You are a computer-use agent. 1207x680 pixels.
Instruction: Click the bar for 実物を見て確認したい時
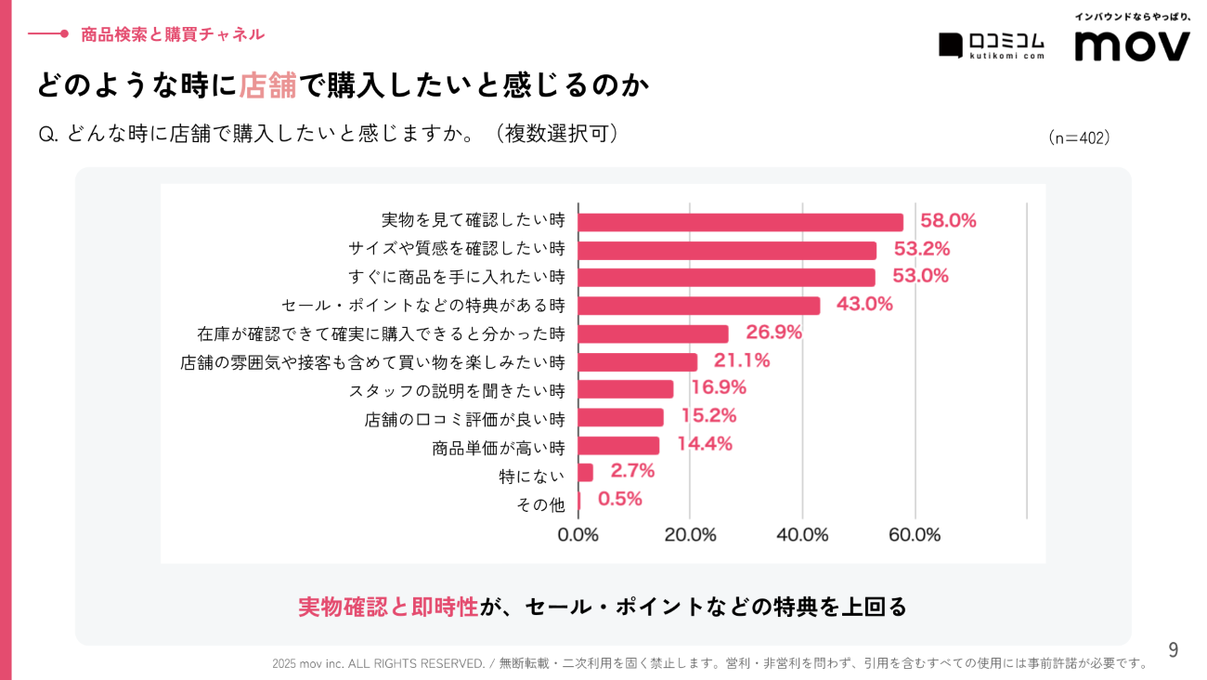point(740,222)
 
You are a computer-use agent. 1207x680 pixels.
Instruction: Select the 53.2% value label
point(921,249)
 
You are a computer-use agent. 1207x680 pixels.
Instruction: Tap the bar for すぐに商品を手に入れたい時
point(726,277)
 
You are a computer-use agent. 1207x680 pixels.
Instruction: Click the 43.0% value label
point(864,304)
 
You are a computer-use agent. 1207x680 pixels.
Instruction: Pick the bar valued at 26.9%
point(653,333)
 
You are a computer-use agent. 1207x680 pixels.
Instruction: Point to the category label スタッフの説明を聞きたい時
point(456,390)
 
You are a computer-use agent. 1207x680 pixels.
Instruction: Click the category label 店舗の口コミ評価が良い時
point(464,419)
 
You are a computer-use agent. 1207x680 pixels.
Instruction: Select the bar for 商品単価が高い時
point(618,446)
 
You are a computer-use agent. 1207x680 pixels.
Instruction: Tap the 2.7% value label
point(632,471)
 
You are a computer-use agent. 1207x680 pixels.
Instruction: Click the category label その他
point(539,504)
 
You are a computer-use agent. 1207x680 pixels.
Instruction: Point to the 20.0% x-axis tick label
point(690,535)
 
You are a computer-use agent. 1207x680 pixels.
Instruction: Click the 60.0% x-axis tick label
point(915,535)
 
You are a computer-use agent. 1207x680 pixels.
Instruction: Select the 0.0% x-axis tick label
point(578,535)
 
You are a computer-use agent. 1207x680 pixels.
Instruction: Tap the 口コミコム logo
point(992,45)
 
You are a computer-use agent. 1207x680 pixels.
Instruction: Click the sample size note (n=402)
point(1079,137)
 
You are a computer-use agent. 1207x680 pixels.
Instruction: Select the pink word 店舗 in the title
point(267,85)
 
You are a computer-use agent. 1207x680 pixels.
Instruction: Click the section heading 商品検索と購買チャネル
point(173,34)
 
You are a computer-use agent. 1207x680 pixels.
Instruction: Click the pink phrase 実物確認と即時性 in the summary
point(388,607)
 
